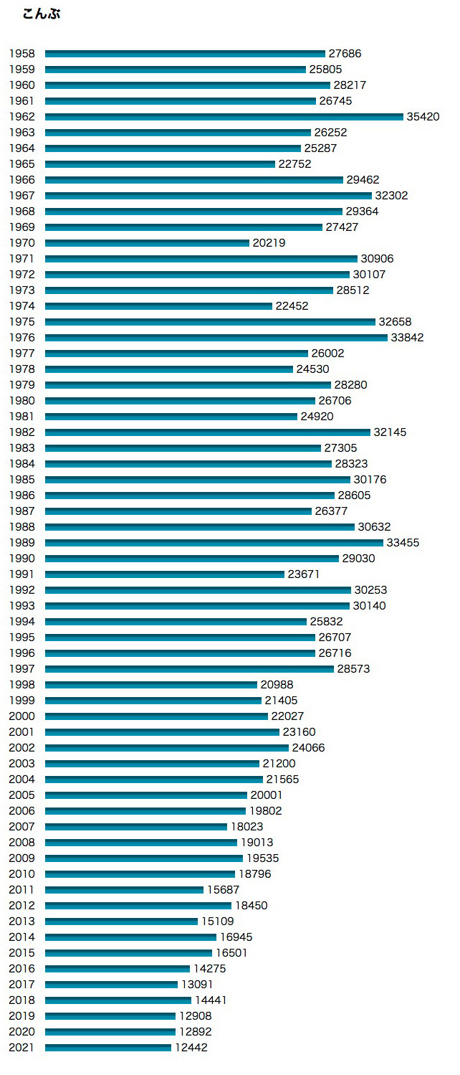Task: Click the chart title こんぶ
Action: [x=42, y=14]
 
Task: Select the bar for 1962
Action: [x=224, y=117]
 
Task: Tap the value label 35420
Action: [x=423, y=117]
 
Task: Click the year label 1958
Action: [x=21, y=54]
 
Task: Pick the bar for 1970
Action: [x=147, y=243]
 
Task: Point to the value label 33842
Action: [x=407, y=338]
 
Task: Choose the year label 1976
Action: [x=21, y=338]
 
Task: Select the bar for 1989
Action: [x=214, y=543]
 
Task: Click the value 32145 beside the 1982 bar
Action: [x=392, y=432]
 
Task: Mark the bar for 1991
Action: [x=165, y=574]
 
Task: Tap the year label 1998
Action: [x=21, y=685]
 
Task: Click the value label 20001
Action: [x=267, y=795]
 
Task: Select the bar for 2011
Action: [x=124, y=890]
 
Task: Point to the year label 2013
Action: [x=21, y=922]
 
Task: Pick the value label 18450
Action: [x=251, y=906]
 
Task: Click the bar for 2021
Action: [x=108, y=1048]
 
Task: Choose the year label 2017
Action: [x=21, y=985]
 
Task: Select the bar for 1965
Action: [x=160, y=164]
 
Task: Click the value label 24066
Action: [x=308, y=748]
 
